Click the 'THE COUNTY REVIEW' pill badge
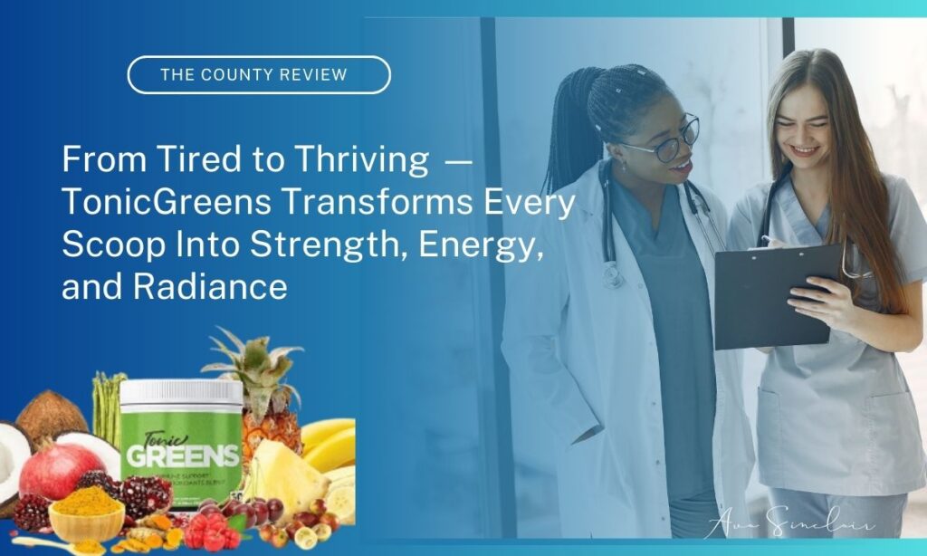258,75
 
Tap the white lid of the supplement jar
181,391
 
